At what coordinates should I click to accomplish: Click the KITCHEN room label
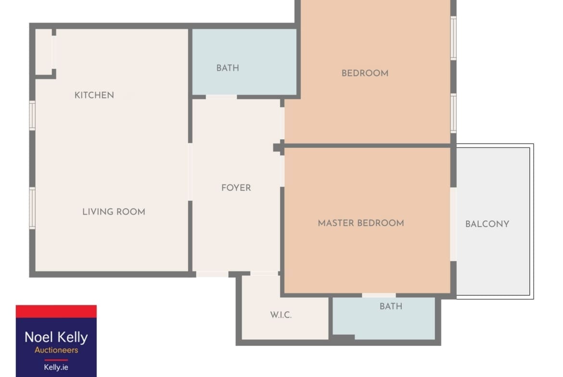[94, 95]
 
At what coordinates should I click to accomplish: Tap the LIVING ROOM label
[114, 212]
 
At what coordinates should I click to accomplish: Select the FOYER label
[236, 188]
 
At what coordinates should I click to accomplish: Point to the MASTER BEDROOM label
[361, 223]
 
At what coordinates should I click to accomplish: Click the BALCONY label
[487, 224]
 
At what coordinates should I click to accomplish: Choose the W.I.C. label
[281, 315]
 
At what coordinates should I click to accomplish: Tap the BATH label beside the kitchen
[228, 68]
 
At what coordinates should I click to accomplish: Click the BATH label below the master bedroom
[391, 306]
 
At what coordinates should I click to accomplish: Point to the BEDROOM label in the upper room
[365, 73]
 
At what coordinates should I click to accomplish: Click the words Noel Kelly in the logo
[56, 337]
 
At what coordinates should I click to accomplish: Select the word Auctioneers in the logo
[56, 350]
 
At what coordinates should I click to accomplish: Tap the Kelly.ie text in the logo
[56, 367]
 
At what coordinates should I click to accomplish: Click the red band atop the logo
[56, 311]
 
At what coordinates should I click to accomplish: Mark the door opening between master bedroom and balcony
[453, 224]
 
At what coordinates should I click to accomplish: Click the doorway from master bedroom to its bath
[379, 295]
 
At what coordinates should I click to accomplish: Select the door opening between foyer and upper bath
[221, 97]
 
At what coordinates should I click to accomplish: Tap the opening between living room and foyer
[190, 172]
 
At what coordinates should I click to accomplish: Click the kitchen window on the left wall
[32, 116]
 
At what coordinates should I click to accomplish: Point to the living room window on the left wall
[32, 208]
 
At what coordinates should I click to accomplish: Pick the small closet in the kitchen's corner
[44, 52]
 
